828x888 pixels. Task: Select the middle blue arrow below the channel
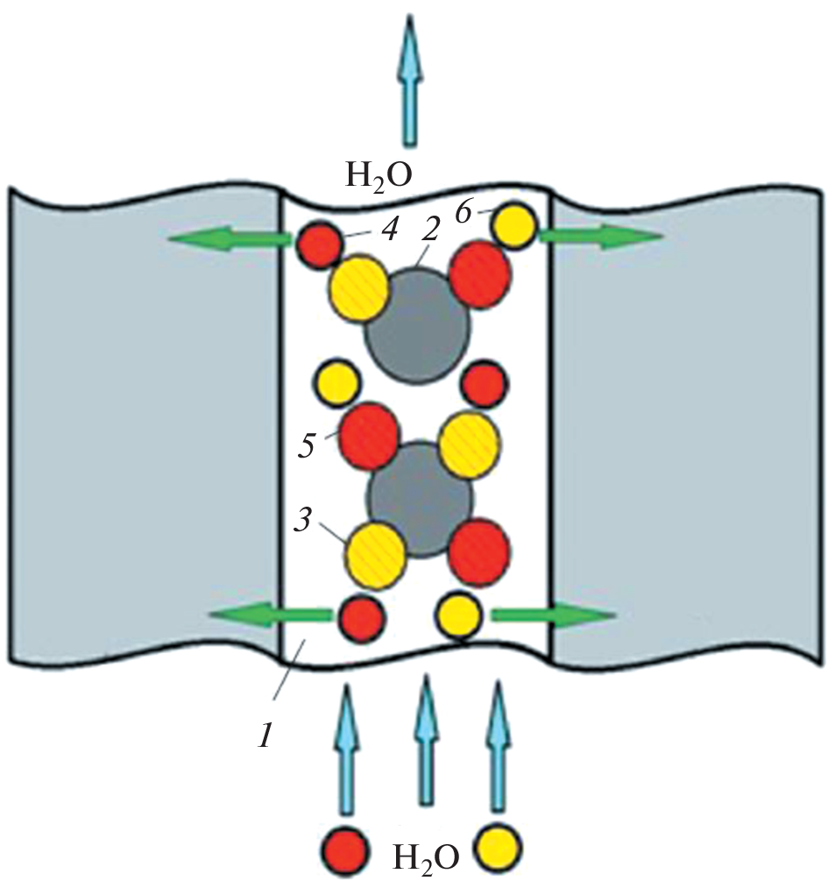point(426,740)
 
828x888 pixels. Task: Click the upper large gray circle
point(418,325)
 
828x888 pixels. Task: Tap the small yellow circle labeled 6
point(515,224)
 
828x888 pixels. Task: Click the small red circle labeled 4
point(319,245)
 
